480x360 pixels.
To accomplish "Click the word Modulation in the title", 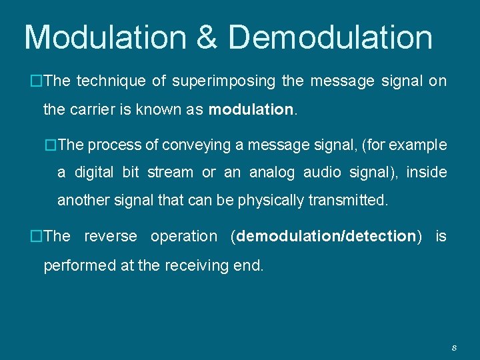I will [x=105, y=38].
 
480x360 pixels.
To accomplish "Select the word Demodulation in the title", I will [x=331, y=38].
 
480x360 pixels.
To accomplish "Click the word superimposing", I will [x=223, y=81].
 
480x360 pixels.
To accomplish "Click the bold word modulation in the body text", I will [x=251, y=109].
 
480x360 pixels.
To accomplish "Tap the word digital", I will [x=93, y=173].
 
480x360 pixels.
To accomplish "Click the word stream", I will [x=170, y=173].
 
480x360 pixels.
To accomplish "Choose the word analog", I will [x=271, y=173].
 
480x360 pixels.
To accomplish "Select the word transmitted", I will [x=347, y=200].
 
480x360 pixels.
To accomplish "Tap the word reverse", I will [x=111, y=236].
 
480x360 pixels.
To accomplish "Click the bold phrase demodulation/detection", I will [x=326, y=236].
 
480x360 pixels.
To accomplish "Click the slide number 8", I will [x=454, y=347].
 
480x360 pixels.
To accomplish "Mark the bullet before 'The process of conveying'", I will [x=51, y=145].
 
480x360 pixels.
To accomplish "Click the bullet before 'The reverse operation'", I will [x=37, y=236].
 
